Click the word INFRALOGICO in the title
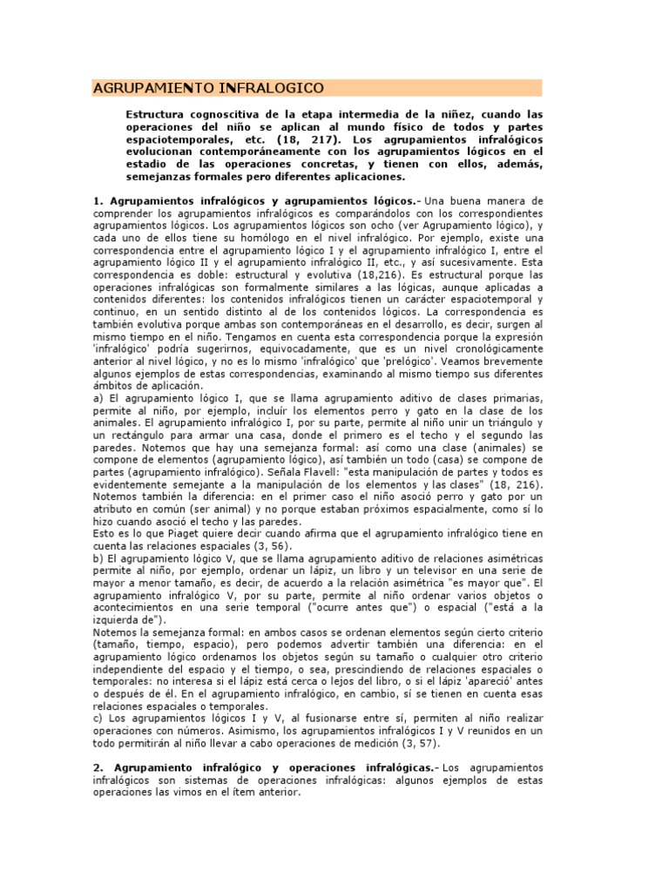point(274,88)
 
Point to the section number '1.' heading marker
point(98,201)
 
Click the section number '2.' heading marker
point(98,767)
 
